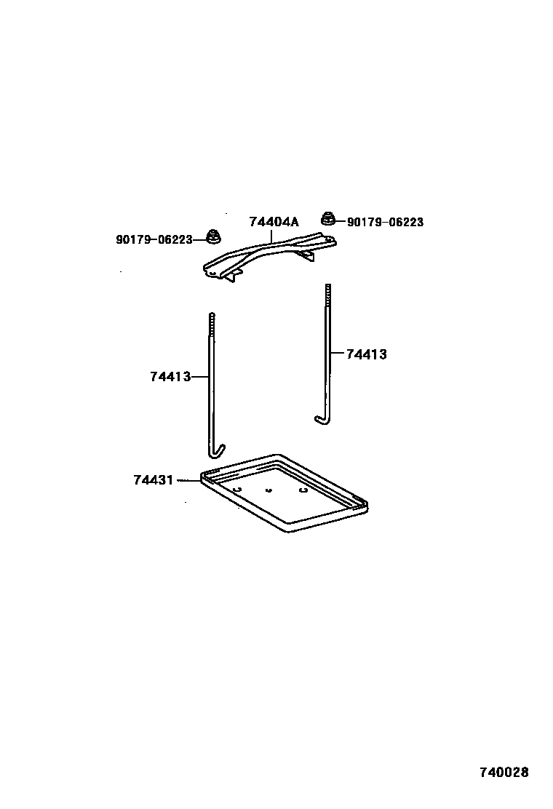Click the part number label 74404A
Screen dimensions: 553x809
click(x=274, y=222)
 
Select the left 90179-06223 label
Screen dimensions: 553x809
click(x=154, y=239)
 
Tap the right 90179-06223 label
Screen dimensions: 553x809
click(x=385, y=222)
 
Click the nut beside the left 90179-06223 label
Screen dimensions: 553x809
click(x=213, y=236)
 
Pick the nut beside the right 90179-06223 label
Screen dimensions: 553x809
click(x=327, y=218)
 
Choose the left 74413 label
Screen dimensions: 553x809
click(x=170, y=377)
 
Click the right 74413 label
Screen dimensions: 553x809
click(x=366, y=354)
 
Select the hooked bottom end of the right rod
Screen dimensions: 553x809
click(x=322, y=420)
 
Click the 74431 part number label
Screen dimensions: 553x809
click(x=153, y=480)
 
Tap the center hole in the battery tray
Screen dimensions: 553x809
click(x=269, y=490)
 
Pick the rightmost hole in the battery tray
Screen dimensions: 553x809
click(x=303, y=490)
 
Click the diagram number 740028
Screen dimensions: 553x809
click(x=504, y=772)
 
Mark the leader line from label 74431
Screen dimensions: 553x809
click(x=186, y=480)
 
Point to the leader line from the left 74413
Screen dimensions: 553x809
click(x=200, y=377)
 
